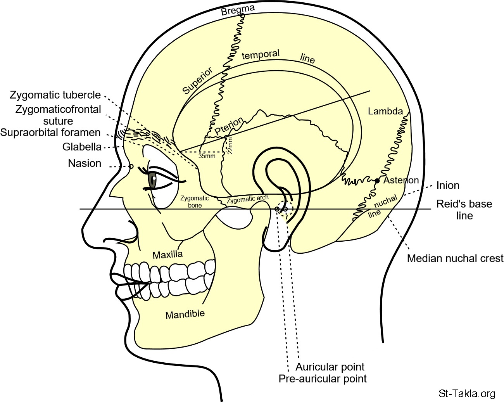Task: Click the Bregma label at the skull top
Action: pos(238,10)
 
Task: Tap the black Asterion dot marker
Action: pos(377,181)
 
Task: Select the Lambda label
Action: pos(385,111)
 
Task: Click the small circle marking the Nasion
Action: pos(131,166)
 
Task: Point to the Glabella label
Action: pos(82,147)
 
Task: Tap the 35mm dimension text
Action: pos(207,156)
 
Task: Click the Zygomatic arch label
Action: pos(247,199)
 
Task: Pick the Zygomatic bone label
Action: pos(195,202)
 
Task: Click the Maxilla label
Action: pos(167,255)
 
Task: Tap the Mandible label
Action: pos(185,314)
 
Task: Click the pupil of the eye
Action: pos(154,178)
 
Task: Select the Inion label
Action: pos(448,185)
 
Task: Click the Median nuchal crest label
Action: pos(455,258)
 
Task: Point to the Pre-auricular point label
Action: pos(323,379)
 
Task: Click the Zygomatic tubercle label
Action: pos(55,95)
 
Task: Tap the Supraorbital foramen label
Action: pos(50,133)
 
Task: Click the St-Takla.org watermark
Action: pos(467,394)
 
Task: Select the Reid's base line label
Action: pos(464,209)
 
